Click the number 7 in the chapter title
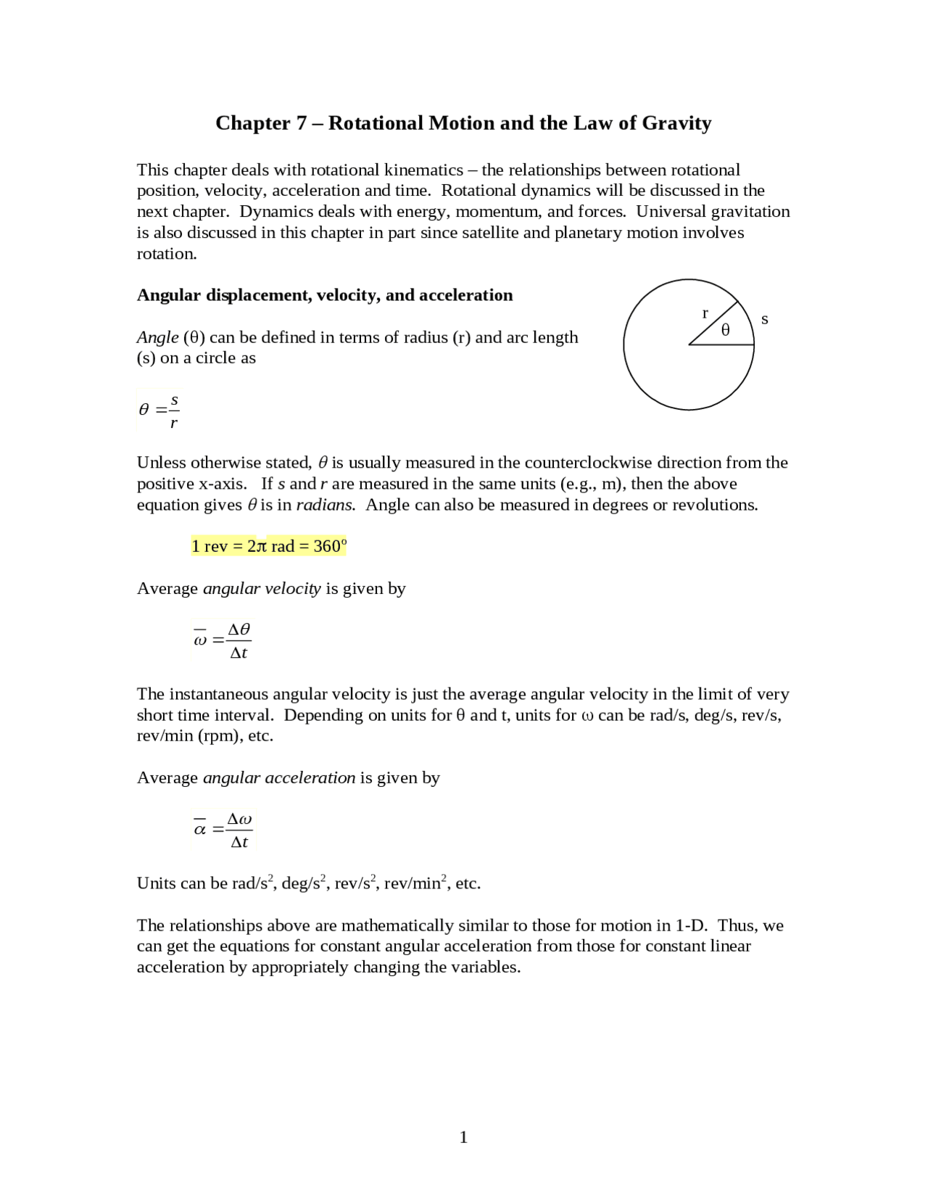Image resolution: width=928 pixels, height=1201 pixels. [x=302, y=123]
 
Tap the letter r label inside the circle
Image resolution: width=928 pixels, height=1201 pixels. [x=705, y=313]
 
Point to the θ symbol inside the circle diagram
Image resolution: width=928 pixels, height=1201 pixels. [x=725, y=331]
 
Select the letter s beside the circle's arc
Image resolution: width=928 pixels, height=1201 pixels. [x=764, y=319]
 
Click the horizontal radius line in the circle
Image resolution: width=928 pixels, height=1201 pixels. [x=721, y=345]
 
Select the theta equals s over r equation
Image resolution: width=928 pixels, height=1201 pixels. [x=159, y=410]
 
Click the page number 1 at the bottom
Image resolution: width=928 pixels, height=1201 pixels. [x=463, y=1137]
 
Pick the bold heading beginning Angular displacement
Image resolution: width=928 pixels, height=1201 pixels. [x=324, y=295]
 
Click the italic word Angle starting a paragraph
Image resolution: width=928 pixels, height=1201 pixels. [x=157, y=337]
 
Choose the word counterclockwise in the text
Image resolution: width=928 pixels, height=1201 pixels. [x=587, y=463]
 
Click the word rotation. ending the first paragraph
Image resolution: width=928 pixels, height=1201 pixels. [x=167, y=254]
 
